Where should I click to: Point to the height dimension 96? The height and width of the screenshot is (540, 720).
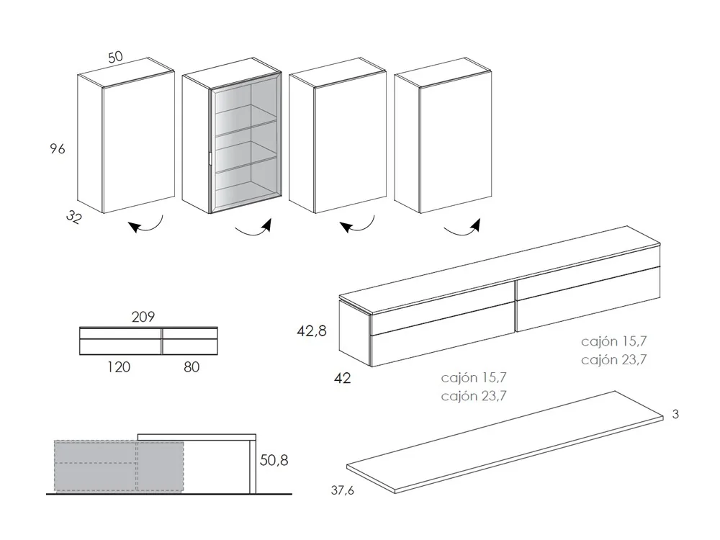pos(58,149)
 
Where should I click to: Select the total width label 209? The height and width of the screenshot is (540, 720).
pos(144,316)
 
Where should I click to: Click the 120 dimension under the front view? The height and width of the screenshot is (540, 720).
pos(119,367)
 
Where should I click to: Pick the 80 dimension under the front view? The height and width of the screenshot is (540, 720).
pos(191,367)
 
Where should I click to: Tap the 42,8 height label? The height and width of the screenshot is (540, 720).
pos(312,331)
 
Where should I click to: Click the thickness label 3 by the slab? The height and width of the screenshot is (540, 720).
pos(676,415)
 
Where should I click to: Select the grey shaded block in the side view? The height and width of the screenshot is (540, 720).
pos(119,466)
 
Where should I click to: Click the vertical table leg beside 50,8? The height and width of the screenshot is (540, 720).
pos(253,466)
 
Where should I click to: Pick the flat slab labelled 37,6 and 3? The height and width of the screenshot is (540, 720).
pos(504,443)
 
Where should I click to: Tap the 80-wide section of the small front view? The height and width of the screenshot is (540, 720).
pos(190,341)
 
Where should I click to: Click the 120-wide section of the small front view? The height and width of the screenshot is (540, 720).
pos(120,341)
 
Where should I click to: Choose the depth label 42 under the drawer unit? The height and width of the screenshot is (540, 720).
pos(343,377)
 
